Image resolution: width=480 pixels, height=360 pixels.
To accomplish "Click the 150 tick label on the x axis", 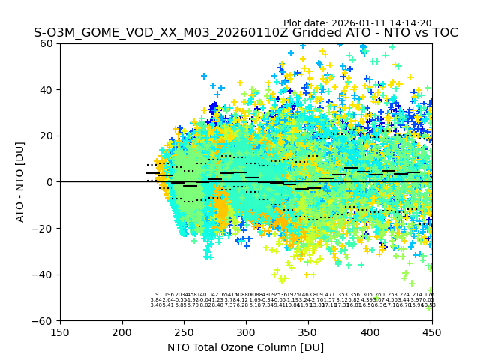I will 60,331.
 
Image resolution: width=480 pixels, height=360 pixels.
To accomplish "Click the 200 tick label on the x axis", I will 122,331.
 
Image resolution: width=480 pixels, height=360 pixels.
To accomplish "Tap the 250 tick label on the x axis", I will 184,331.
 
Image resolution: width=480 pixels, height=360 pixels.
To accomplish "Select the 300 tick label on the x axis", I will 246,331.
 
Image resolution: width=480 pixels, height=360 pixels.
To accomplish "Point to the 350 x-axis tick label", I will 308,331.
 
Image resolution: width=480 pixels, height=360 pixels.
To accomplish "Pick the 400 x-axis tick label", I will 370,331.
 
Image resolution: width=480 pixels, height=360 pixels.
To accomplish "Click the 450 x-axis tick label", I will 432,331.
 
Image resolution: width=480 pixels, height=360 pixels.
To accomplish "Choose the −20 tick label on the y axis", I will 45,228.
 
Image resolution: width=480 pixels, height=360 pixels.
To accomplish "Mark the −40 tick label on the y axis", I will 45,274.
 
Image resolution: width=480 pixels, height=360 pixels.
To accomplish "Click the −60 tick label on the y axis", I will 45,320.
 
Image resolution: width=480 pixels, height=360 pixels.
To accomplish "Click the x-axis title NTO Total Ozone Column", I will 246,347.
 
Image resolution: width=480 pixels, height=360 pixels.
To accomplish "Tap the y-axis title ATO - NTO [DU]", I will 21,182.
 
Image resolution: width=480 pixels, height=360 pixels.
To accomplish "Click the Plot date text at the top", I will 357,23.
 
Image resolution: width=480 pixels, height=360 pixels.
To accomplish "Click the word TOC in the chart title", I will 443,33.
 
